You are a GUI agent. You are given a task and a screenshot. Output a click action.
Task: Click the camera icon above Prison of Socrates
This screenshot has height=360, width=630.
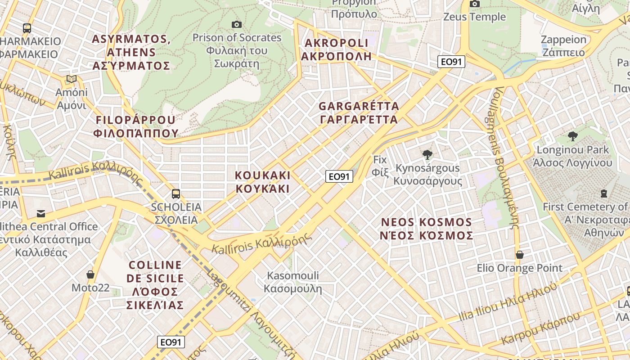pyautogui.click(x=236, y=24)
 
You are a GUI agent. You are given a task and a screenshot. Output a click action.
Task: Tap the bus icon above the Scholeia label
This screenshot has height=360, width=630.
pyautogui.click(x=176, y=194)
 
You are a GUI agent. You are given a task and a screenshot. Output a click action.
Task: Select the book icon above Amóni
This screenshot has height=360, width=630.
pyautogui.click(x=71, y=79)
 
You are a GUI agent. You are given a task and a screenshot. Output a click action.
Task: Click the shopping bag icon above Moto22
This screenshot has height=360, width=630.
pyautogui.click(x=90, y=274)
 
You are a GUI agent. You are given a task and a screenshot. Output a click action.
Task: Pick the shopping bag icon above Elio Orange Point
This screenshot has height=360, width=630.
pyautogui.click(x=520, y=255)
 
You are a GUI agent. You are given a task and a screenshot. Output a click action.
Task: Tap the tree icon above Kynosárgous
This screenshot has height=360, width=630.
pyautogui.click(x=427, y=155)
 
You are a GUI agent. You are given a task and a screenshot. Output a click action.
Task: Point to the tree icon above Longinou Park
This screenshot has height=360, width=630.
pyautogui.click(x=572, y=136)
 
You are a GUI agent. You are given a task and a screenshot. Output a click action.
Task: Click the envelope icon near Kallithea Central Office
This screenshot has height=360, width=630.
pyautogui.click(x=41, y=213)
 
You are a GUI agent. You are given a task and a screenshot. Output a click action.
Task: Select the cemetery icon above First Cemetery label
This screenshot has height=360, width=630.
pyautogui.click(x=603, y=193)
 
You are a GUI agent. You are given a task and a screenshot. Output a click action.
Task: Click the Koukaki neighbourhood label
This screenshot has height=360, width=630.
pyautogui.click(x=263, y=182)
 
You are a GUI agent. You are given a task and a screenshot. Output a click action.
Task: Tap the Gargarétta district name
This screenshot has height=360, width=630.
pyautogui.click(x=359, y=113)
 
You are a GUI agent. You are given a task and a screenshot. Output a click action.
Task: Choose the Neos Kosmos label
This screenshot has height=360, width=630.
pyautogui.click(x=427, y=229)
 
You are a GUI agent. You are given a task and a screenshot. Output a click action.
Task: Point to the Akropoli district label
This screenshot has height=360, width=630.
pyautogui.click(x=336, y=49)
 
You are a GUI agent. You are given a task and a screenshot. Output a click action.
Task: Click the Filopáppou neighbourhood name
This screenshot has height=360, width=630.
pyautogui.click(x=135, y=126)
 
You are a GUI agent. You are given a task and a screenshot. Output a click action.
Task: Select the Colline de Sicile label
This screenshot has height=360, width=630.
pyautogui.click(x=155, y=285)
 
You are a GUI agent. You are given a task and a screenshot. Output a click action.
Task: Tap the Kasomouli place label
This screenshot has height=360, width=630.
pyautogui.click(x=293, y=282)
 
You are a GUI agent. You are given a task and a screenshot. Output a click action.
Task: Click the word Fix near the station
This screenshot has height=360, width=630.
pyautogui.click(x=380, y=159)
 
